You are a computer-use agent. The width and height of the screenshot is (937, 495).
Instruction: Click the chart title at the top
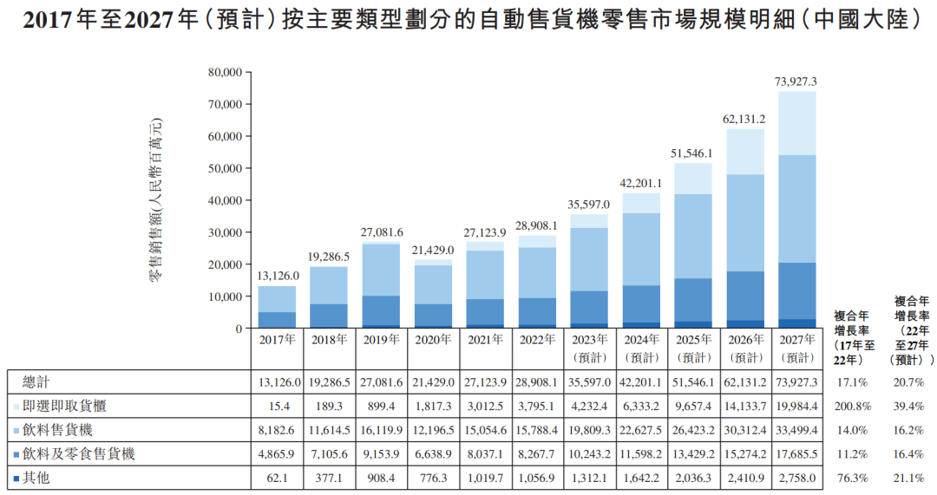click(468, 20)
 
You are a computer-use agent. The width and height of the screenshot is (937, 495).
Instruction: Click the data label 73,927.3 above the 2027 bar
click(795, 81)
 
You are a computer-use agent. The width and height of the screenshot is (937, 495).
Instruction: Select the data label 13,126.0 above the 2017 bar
click(277, 275)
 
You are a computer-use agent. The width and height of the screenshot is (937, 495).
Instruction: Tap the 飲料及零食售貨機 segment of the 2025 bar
click(692, 300)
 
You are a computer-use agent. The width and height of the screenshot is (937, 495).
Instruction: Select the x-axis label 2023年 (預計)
click(589, 347)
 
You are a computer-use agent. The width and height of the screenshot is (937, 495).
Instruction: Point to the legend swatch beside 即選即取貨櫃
click(17, 406)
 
